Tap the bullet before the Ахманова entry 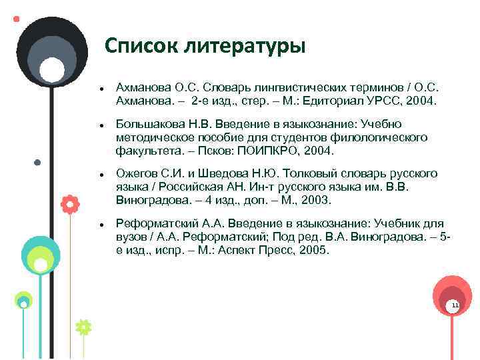click(x=99, y=89)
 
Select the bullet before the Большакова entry click(x=99, y=125)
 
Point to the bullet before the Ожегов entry click(x=99, y=174)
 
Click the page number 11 click(x=455, y=305)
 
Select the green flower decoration click(x=83, y=327)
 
